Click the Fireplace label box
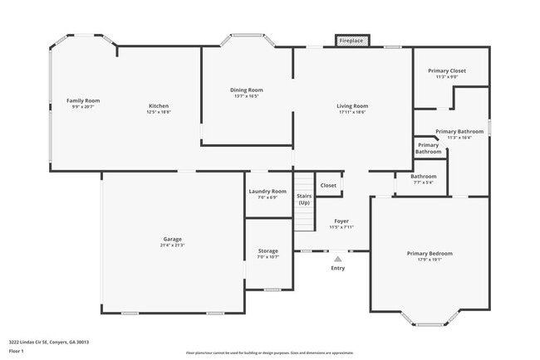(352, 40)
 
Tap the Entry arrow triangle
(337, 259)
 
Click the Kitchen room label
(159, 105)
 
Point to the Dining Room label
(247, 90)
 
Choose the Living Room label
(352, 105)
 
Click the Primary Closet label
(447, 71)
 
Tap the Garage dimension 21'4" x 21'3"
(173, 245)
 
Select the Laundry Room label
(268, 191)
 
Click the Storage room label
(268, 251)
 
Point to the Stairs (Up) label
(304, 199)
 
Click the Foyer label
(341, 221)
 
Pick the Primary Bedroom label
(430, 253)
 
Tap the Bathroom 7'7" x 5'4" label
(423, 178)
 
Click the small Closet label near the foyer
(328, 185)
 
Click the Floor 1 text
(17, 351)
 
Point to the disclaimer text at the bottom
(269, 353)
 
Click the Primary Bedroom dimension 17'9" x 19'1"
(430, 259)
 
